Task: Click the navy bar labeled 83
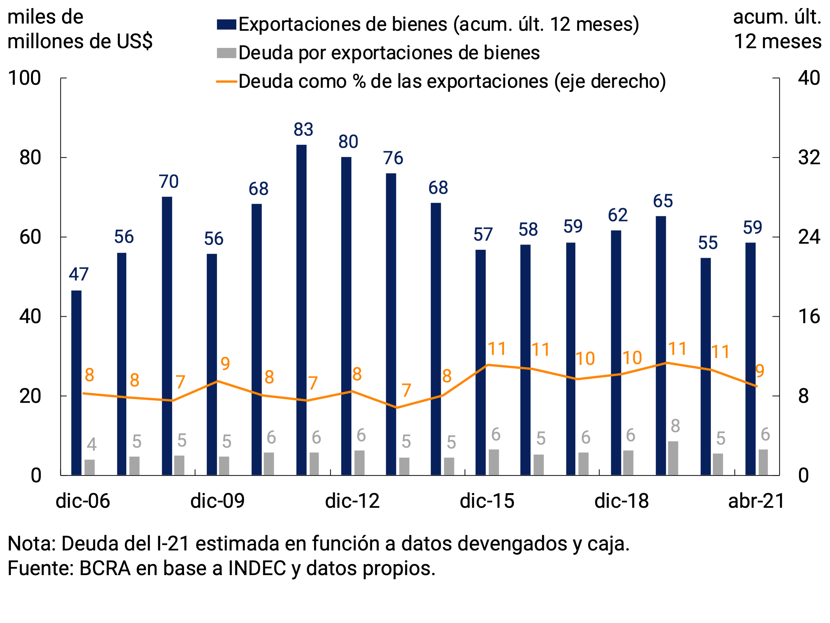click(x=301, y=310)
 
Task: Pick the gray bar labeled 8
click(x=673, y=458)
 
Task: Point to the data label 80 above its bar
click(x=348, y=142)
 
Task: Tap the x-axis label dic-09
click(x=217, y=501)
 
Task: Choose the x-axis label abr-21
click(x=756, y=501)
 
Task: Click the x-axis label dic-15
click(x=487, y=501)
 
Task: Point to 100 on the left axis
click(x=24, y=78)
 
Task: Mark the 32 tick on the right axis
click(x=809, y=157)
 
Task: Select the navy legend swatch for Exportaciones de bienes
click(x=226, y=24)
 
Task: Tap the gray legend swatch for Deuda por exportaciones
click(x=226, y=53)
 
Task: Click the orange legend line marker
click(x=226, y=81)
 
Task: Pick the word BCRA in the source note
click(x=105, y=568)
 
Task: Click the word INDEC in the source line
click(x=257, y=568)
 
